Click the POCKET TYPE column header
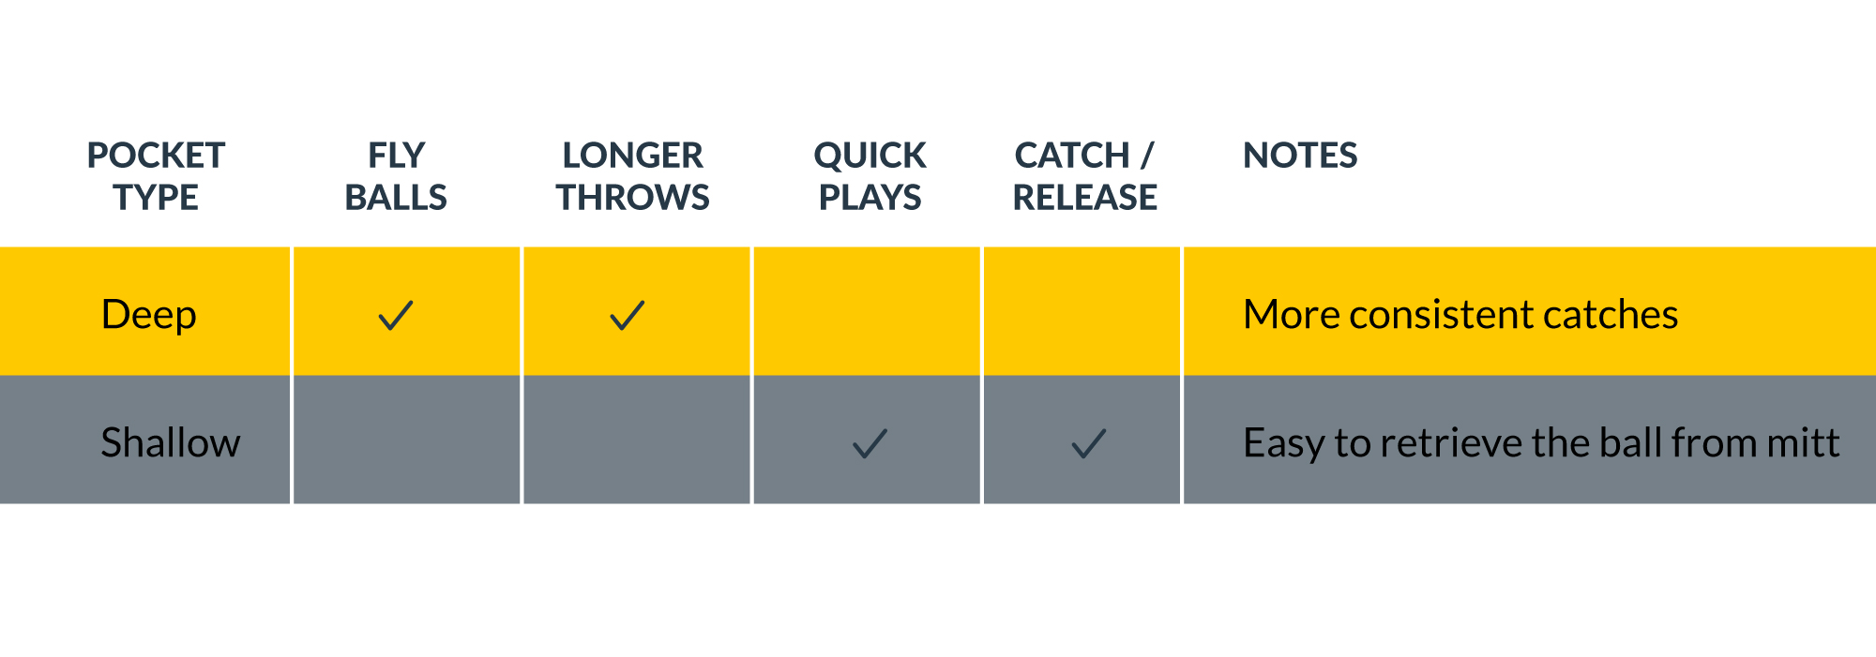coord(156,176)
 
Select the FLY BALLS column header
coord(396,176)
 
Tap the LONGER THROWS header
coord(633,176)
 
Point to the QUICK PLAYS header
coord(870,176)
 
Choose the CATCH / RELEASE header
coord(1085,176)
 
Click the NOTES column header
coord(1300,156)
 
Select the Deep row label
coord(148,316)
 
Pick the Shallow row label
coord(171,442)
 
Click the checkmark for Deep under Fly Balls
coord(396,315)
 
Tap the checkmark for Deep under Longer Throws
coord(628,315)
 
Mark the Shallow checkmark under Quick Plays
coord(870,443)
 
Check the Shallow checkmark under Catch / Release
coord(1089,443)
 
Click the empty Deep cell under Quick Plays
coord(867,311)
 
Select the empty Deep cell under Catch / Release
coord(1082,311)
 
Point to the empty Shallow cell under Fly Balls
coord(407,440)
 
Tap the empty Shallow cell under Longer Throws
coord(637,440)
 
